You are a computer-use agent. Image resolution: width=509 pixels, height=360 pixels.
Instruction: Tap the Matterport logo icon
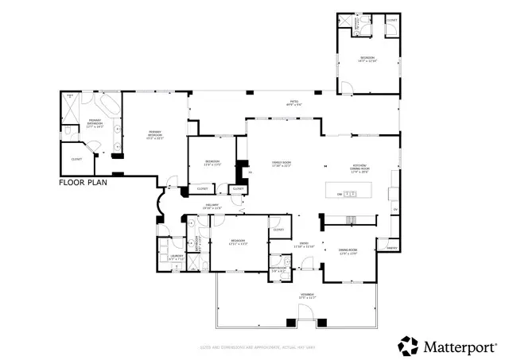pos(408,345)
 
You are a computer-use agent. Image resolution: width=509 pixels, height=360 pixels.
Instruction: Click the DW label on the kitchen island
pos(340,194)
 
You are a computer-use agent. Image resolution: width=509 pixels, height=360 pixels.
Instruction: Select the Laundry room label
pos(177,257)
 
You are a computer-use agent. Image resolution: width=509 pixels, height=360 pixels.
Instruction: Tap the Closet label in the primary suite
pos(76,159)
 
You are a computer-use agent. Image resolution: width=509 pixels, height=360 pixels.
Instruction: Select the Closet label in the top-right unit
pos(391,18)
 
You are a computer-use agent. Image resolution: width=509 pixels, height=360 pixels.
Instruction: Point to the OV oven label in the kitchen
pos(395,209)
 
